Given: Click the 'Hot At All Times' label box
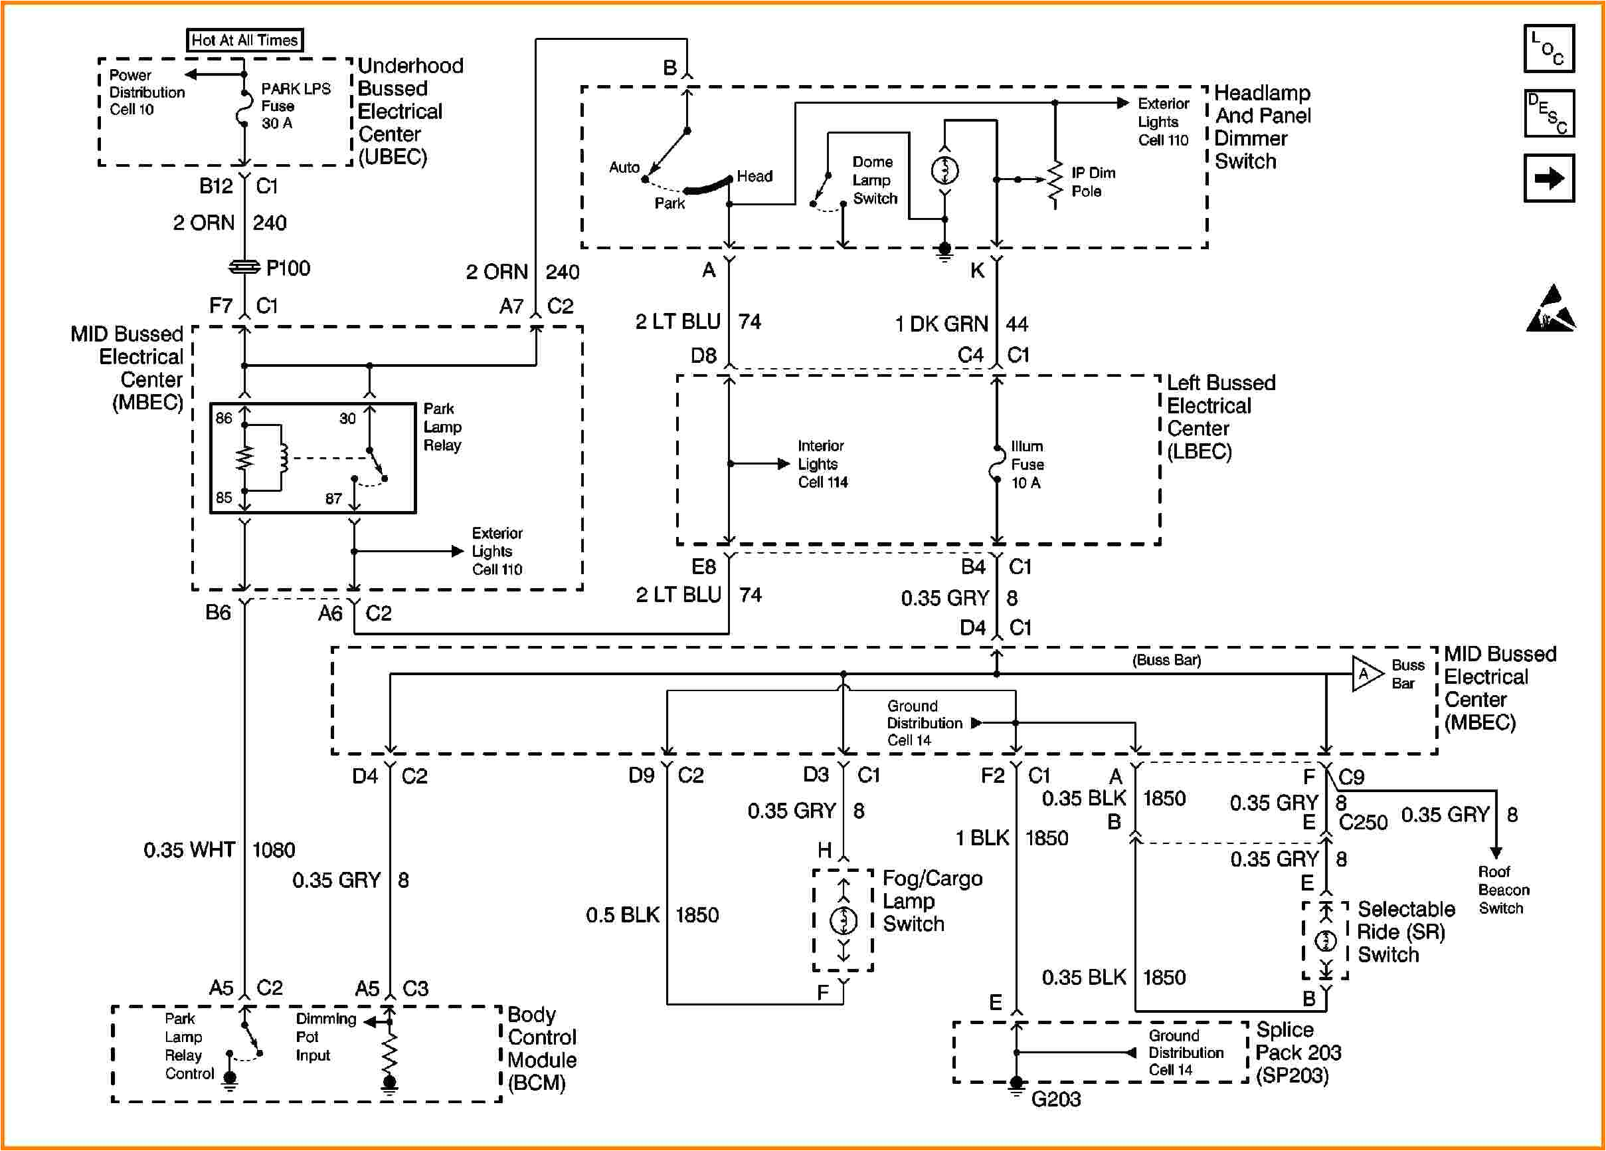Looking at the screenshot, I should [244, 41].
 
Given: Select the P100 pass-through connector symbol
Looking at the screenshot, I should [244, 267].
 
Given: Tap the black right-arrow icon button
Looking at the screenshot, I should [1549, 178].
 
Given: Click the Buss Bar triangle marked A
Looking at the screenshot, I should [1366, 674].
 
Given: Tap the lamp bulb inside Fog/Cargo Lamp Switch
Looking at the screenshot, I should [843, 920].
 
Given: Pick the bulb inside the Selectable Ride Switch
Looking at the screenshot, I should [1326, 940].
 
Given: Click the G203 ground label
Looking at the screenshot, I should [1056, 1099].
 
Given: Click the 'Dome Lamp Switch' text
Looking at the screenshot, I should [874, 181].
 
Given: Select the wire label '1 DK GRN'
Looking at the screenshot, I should [941, 324].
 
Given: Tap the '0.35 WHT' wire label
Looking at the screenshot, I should [189, 849].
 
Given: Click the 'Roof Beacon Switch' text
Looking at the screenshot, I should [1503, 890].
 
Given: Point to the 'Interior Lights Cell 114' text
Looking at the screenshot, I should [822, 464].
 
